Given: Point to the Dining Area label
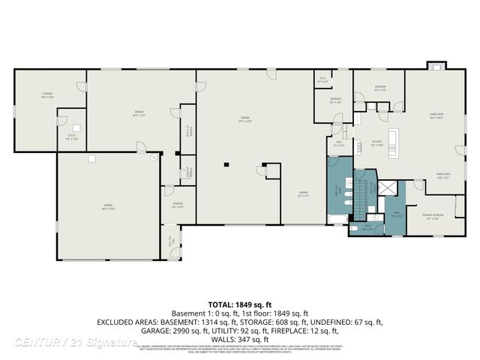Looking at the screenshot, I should [x=443, y=177].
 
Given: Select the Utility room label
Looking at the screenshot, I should [x=71, y=136].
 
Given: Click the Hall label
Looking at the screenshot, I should [x=338, y=143].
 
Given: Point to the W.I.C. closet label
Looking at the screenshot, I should [x=322, y=78].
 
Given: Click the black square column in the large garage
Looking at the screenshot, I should [x=225, y=163].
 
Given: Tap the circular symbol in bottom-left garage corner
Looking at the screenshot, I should [x=153, y=157].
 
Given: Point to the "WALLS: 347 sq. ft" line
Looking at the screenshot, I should [x=240, y=338].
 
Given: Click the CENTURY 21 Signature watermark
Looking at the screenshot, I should [x=75, y=342].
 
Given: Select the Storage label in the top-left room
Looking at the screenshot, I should [x=47, y=95].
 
